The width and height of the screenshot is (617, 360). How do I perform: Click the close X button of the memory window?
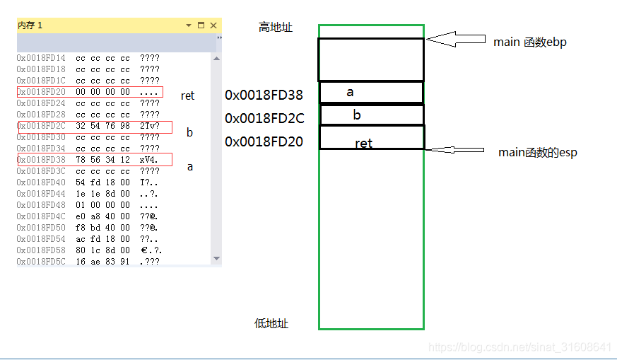tap(213, 25)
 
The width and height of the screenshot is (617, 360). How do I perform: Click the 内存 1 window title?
tap(30, 25)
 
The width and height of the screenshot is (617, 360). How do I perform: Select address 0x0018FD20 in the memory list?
tap(41, 92)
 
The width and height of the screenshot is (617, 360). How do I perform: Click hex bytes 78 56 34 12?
tap(102, 160)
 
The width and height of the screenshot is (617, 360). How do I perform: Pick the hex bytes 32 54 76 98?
tap(102, 126)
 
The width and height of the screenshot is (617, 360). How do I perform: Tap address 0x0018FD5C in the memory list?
tap(41, 262)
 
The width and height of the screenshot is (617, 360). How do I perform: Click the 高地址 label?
tap(276, 28)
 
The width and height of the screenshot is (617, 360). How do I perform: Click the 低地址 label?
tap(271, 324)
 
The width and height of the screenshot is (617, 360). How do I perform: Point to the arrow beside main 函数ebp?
tap(456, 40)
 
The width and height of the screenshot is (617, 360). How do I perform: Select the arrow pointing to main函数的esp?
tap(457, 150)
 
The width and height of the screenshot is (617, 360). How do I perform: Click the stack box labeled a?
tap(371, 93)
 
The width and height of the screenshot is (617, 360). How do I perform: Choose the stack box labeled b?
tap(371, 115)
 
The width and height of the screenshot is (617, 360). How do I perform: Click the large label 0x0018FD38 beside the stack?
tap(264, 95)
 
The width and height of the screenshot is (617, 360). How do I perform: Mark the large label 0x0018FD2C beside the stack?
tap(264, 118)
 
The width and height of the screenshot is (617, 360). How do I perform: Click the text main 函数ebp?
tap(529, 42)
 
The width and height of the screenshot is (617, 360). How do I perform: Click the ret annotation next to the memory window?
tap(187, 95)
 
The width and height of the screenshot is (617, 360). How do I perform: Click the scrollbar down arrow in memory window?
tap(216, 259)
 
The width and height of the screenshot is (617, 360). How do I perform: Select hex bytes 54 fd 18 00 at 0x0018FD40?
tap(102, 182)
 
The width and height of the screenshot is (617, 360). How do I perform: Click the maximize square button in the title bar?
tap(201, 25)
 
